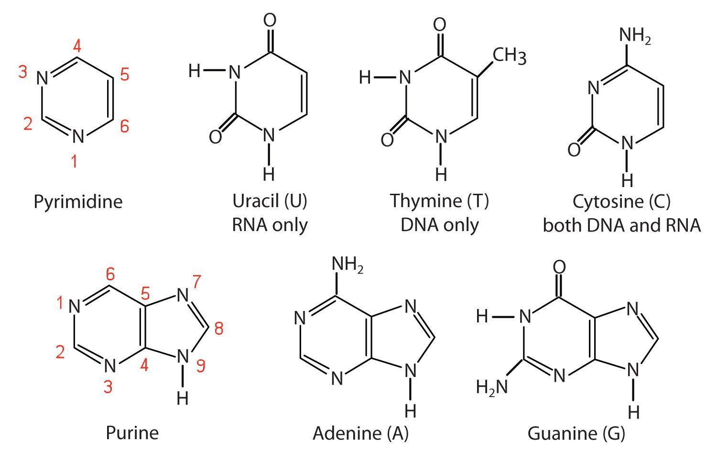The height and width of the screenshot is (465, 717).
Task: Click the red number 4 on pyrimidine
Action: pos(77,46)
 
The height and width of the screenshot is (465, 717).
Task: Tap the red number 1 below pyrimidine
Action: pos(74,161)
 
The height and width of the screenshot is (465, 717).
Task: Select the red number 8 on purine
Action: pos(219,329)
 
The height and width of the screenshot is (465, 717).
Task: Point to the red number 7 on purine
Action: pos(197,281)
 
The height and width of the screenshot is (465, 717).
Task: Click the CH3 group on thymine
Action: pos(509,55)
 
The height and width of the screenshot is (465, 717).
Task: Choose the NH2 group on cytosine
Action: pos(635,35)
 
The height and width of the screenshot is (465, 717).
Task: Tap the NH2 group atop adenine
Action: pos(348,265)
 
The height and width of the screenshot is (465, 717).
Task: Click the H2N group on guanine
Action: pos(492,387)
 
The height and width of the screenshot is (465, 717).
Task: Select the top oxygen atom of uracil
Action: pos(270,20)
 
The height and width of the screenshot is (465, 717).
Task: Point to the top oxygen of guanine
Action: pos(560,267)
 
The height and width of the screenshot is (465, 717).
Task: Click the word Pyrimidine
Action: pos(78,202)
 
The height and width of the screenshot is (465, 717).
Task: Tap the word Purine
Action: pos(132,432)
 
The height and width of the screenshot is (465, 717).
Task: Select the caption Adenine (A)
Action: pos(361,433)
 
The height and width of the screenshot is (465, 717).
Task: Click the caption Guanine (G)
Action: pos(576,433)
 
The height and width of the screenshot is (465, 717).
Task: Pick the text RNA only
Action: pos(270,225)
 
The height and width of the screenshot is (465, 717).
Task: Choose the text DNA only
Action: pos(439,225)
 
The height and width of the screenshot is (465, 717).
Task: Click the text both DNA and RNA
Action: pos(622,225)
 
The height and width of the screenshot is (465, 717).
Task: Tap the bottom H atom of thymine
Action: pos(441,175)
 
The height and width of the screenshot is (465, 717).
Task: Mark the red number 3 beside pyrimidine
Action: pos(22,71)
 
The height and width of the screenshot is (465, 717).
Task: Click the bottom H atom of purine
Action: pos(183,399)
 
